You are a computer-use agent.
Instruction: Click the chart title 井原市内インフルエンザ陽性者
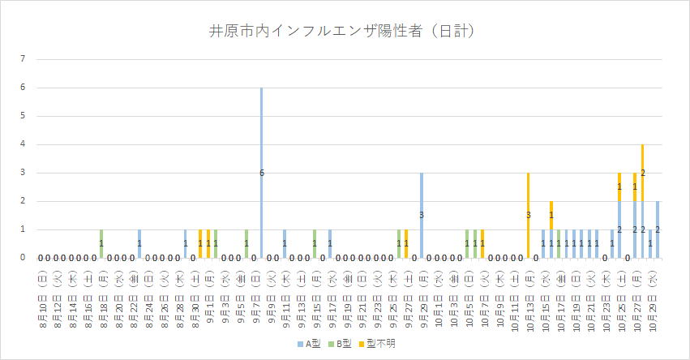coord(341,32)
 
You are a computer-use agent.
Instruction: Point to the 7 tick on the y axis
coord(24,59)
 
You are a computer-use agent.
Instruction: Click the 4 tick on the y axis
coord(24,144)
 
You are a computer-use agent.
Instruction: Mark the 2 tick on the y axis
coord(24,201)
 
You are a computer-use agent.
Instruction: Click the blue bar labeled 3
coord(421,215)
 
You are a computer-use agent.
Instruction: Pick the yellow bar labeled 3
coord(528,215)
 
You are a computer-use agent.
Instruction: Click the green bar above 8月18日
coord(101,243)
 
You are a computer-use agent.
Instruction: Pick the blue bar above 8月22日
coord(139,243)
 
